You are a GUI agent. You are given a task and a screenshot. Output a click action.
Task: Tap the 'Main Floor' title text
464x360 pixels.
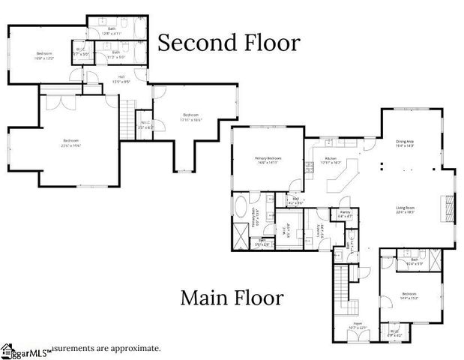(232, 298)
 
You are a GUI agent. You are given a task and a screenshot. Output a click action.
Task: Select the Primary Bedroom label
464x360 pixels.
(268, 160)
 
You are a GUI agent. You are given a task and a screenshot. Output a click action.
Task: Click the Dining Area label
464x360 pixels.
(405, 144)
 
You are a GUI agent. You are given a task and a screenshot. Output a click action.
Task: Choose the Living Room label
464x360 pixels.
(405, 210)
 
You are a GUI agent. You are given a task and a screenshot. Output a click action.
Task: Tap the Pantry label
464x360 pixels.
(345, 214)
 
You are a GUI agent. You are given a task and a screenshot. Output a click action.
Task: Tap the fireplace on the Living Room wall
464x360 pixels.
(448, 207)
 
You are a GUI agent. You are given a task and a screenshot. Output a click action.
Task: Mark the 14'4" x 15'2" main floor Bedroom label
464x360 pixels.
(409, 295)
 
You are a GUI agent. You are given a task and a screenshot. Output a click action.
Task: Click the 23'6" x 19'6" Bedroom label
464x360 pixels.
(71, 142)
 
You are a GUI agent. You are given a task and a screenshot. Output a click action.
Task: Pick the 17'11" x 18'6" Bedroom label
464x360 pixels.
(191, 117)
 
